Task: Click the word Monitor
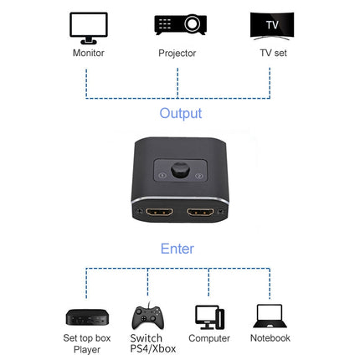(x=88, y=53)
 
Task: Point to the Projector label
(x=177, y=53)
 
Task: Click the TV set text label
(x=270, y=53)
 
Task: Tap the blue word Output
(x=180, y=112)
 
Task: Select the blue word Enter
(x=177, y=249)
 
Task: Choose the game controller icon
(x=147, y=316)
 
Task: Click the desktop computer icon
(x=208, y=316)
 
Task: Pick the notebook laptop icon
(x=270, y=316)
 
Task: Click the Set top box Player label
(x=86, y=343)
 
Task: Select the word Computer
(x=209, y=338)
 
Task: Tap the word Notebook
(x=270, y=338)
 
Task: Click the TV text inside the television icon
(x=271, y=24)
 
